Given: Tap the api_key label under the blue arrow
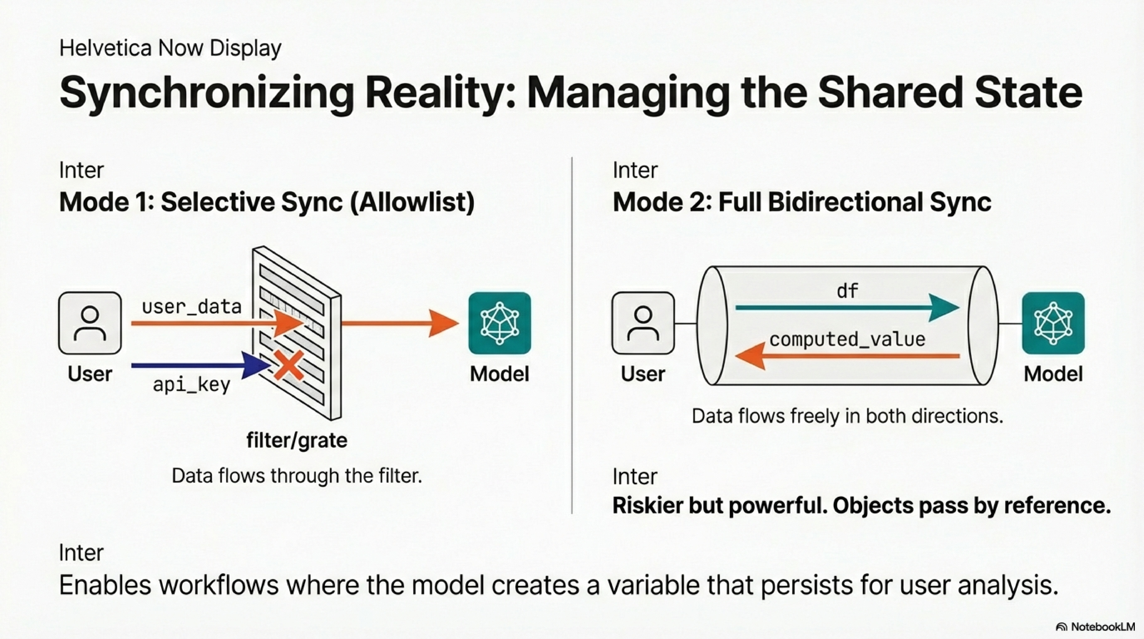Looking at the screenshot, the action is [x=191, y=384].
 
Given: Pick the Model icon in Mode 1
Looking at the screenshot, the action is [x=500, y=323].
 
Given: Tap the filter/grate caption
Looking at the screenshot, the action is [x=297, y=440].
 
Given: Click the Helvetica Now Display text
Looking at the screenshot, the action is [x=170, y=48].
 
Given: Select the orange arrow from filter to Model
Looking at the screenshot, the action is [x=400, y=323].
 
